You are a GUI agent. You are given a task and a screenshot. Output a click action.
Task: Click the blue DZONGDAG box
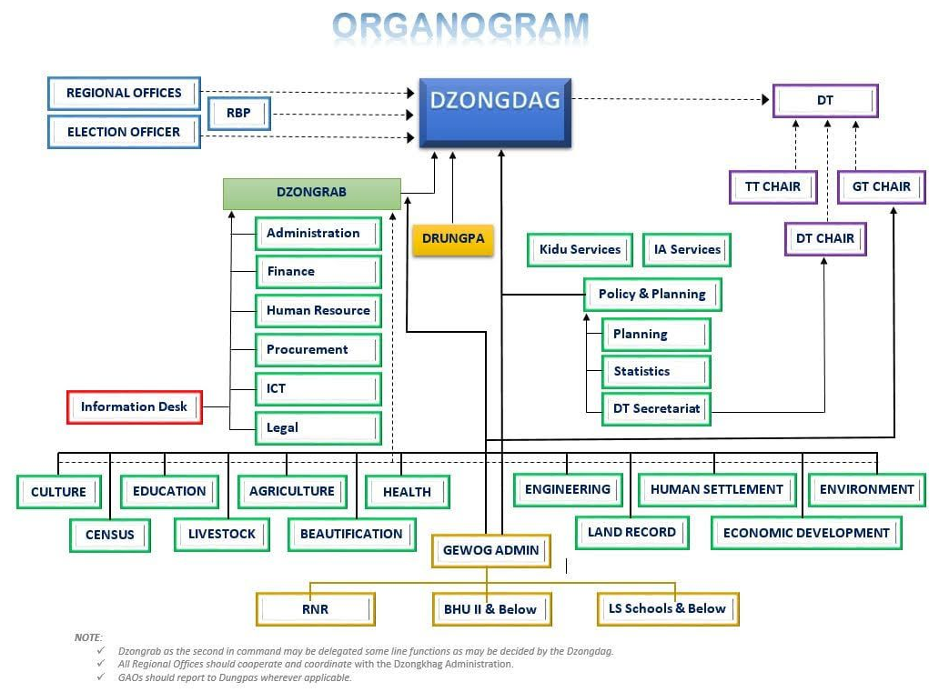tap(495, 112)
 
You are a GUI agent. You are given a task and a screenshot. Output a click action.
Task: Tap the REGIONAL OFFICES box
tap(124, 93)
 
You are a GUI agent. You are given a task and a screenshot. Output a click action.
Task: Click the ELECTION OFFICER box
tap(124, 132)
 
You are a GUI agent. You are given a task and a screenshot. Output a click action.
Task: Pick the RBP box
tap(238, 114)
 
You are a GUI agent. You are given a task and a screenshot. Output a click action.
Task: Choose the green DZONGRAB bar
tap(311, 193)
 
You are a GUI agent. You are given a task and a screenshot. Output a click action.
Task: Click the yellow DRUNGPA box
tap(453, 239)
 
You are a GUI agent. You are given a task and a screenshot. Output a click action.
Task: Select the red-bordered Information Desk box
tap(134, 406)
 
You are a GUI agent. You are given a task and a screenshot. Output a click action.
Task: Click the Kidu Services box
tap(580, 249)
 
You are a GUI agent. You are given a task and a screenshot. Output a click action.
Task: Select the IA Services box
tap(687, 249)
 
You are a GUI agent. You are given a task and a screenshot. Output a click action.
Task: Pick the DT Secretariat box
tap(656, 408)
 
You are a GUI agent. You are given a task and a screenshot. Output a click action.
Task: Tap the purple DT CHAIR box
tap(825, 239)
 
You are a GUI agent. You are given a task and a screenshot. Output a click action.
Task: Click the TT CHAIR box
tap(772, 186)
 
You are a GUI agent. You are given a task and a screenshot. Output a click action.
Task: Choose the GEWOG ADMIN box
tap(490, 550)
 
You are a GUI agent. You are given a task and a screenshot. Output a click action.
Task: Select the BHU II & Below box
tap(490, 609)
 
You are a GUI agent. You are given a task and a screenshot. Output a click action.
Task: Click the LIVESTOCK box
tap(222, 534)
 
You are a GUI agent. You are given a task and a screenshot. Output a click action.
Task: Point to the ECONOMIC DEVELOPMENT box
tap(806, 533)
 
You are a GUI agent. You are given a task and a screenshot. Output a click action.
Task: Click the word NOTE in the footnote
tap(88, 637)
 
